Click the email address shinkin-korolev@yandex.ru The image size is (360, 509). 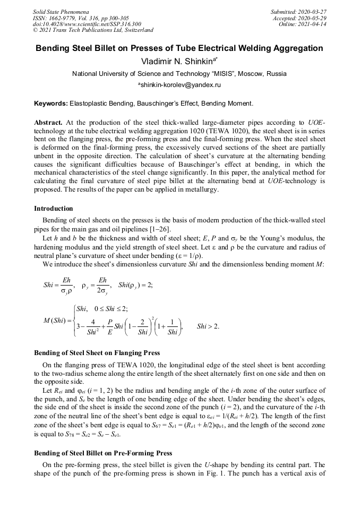point(180,85)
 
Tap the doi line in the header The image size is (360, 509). point(87,24)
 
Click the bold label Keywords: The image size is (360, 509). point(51,103)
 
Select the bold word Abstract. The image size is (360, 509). point(48,122)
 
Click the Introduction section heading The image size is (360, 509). point(54,209)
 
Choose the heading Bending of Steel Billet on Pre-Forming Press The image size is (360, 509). point(103,453)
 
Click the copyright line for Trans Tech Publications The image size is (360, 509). point(93,30)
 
